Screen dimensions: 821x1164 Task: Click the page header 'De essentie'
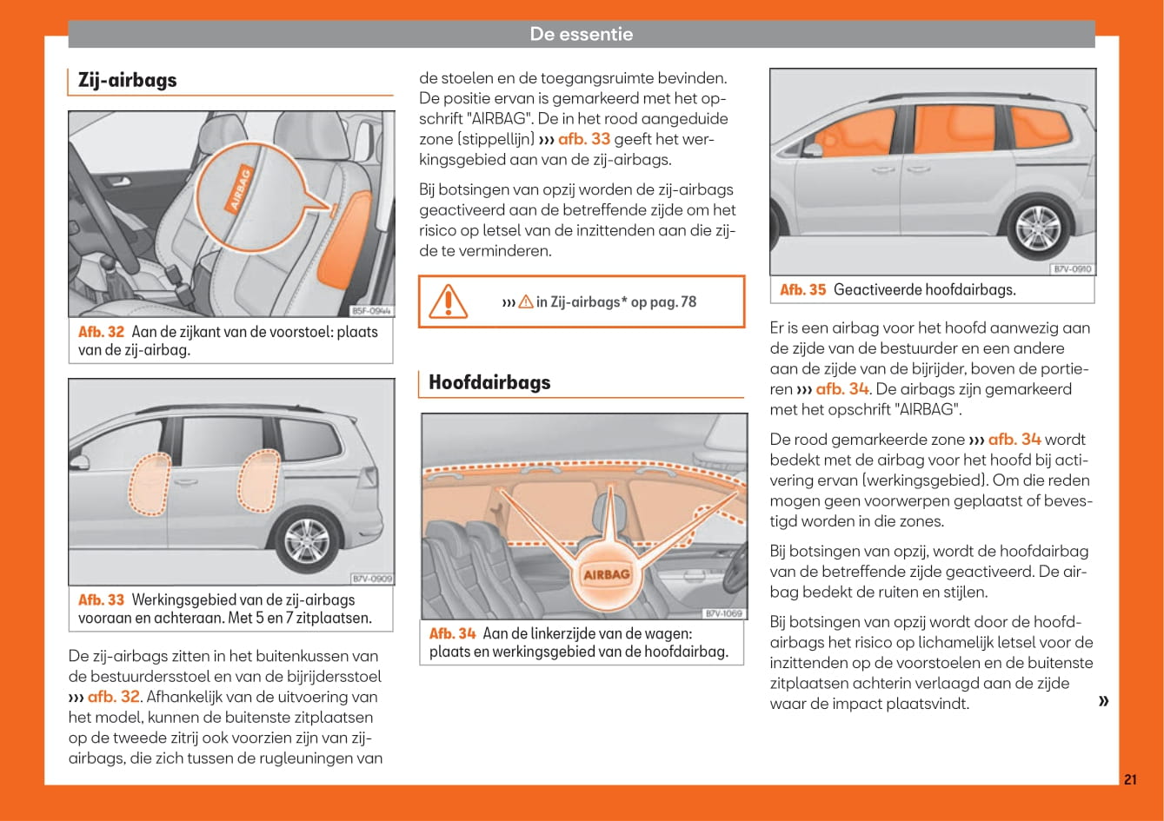coord(581,35)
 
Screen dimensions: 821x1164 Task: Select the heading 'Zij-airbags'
coord(127,80)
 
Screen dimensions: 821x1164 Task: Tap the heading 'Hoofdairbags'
coord(489,382)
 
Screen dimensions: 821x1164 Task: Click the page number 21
coord(1129,779)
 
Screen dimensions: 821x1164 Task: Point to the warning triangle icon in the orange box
coord(448,301)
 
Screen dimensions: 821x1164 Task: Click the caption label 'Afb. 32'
coord(102,332)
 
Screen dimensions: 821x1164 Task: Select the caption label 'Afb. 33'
coord(101,599)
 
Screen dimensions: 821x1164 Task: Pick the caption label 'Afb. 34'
coord(453,633)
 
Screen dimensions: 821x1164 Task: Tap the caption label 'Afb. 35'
coord(803,290)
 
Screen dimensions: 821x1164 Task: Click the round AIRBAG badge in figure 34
coord(607,574)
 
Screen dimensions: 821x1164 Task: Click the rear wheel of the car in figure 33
coord(307,541)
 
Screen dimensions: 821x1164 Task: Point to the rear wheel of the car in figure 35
coord(1038,228)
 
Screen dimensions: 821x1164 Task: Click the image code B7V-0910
coord(1071,269)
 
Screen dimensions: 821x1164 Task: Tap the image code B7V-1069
coord(722,613)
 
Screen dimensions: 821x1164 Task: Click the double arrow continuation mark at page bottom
coord(1103,701)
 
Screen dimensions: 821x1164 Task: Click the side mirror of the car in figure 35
coord(813,149)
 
